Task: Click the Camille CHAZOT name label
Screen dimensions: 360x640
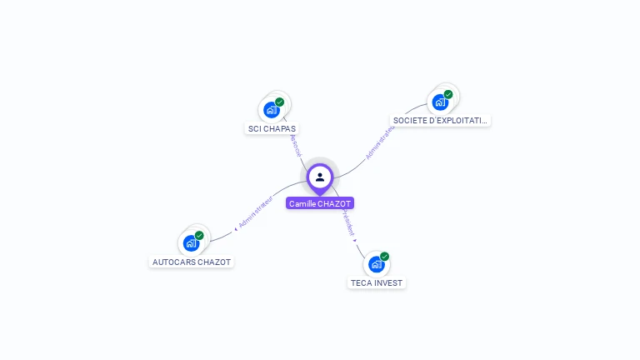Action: (320, 203)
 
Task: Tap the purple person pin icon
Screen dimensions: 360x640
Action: (320, 177)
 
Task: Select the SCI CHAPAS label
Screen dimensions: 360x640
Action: (272, 128)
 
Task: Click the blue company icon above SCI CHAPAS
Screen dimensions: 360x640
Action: (272, 109)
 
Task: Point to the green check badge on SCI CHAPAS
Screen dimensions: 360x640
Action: (280, 102)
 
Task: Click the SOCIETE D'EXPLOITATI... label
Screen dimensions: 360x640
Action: (440, 120)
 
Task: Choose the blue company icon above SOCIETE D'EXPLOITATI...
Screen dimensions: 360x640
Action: (440, 102)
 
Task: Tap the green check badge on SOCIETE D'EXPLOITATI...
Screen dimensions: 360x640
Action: (448, 94)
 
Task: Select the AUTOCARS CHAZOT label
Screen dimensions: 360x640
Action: (192, 262)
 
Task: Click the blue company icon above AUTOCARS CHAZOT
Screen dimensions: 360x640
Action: (192, 243)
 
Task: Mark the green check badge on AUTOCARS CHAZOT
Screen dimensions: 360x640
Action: (200, 236)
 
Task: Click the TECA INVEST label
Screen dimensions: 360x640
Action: (377, 282)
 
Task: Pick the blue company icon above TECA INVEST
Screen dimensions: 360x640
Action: (377, 264)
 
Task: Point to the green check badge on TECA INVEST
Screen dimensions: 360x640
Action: (385, 257)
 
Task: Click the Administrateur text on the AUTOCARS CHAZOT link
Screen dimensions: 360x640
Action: (255, 212)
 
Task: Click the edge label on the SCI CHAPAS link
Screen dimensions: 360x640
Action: (293, 143)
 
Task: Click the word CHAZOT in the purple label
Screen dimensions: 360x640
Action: (336, 203)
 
